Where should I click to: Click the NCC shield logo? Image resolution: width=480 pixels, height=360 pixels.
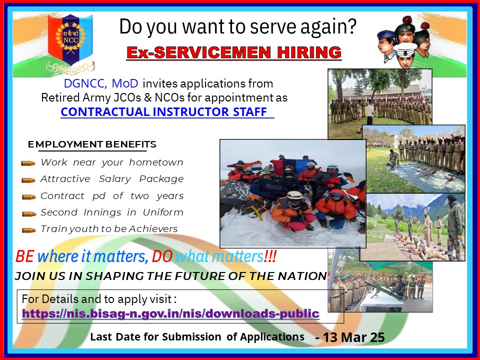pos(70,43)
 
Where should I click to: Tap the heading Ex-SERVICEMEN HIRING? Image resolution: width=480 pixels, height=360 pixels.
pos(234,52)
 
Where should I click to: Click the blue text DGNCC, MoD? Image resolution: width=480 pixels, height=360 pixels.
pos(103,83)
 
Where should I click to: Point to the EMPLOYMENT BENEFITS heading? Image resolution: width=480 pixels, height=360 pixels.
pos(92,144)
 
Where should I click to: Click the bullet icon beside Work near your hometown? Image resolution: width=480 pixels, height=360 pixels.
pos(28,163)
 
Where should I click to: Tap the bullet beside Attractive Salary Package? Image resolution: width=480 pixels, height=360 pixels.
pos(28,179)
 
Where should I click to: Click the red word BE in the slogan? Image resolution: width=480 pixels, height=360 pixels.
pos(25,257)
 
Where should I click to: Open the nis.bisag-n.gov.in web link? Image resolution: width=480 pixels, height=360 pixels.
pos(170,314)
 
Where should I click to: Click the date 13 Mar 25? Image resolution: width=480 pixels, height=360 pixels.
pos(354,337)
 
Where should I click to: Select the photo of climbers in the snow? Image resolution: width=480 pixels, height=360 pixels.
pos(292,192)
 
